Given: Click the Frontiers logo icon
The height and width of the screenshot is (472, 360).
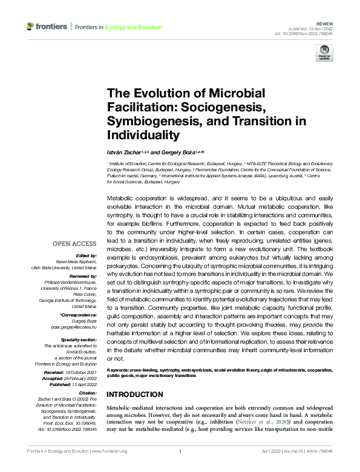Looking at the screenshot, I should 30,27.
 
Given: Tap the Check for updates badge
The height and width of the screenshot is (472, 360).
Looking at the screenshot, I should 324,54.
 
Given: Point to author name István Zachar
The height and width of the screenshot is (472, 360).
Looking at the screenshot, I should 124,151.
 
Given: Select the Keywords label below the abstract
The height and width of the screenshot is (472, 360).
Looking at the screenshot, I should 119,369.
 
